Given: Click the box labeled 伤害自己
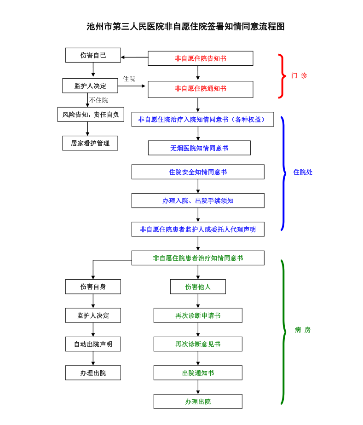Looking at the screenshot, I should tap(93, 55).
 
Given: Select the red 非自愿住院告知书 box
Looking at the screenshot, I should tap(200, 58).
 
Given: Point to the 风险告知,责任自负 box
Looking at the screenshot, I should tap(91, 115).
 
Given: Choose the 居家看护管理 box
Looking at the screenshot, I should tap(90, 143).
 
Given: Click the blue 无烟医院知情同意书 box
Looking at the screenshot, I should tap(199, 148).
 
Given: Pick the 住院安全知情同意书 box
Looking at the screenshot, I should tap(198, 172).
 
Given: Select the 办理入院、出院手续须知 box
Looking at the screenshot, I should tap(198, 201).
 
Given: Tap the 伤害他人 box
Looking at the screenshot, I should tap(198, 287).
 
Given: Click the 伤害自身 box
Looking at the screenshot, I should tap(93, 287).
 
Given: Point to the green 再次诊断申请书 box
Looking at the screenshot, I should tap(198, 316).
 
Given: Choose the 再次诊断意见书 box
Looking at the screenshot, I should tap(198, 344).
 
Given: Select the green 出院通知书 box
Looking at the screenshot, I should tap(198, 373).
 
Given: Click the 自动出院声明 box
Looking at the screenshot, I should tap(93, 344).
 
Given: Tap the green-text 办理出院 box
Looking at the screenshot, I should tap(198, 402).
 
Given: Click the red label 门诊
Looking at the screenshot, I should tap(299, 76).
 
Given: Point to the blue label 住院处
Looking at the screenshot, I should tap(303, 172).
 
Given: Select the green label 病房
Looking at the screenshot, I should tap(303, 330).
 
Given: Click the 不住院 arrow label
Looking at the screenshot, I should tap(98, 100).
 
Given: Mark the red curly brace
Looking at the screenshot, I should tap(281, 76).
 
